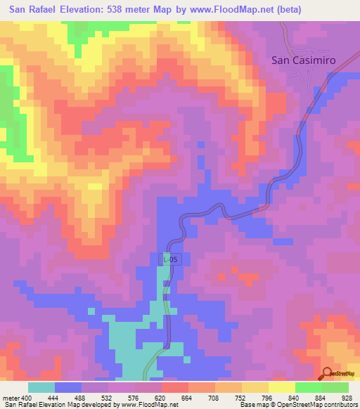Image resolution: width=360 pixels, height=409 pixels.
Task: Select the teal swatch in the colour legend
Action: pyautogui.click(x=41, y=387)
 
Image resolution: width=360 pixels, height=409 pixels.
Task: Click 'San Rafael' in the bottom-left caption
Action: pyautogui.click(x=20, y=405)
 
